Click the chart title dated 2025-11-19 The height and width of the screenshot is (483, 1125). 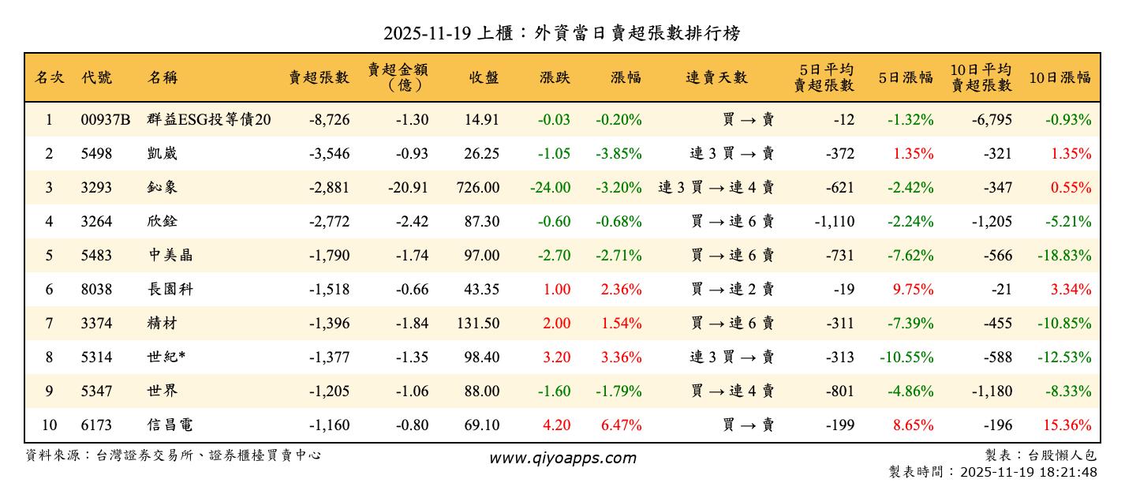(x=562, y=34)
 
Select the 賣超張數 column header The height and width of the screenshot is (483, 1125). (x=319, y=77)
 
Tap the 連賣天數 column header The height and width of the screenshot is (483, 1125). (x=716, y=77)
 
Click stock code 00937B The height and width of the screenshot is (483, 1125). (x=105, y=120)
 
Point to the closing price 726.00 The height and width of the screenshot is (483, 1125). (x=477, y=188)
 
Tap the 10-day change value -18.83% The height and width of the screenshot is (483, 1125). (x=1063, y=256)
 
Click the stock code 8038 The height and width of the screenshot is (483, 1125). (x=96, y=290)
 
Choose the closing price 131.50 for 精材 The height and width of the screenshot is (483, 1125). (x=477, y=324)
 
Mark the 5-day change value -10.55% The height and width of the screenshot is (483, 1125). (x=906, y=358)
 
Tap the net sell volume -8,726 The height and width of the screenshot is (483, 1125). (x=329, y=120)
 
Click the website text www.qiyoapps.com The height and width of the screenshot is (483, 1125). (x=562, y=458)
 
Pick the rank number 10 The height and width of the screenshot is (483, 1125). (x=49, y=425)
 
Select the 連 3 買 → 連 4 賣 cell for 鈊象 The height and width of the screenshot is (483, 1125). (x=716, y=188)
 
